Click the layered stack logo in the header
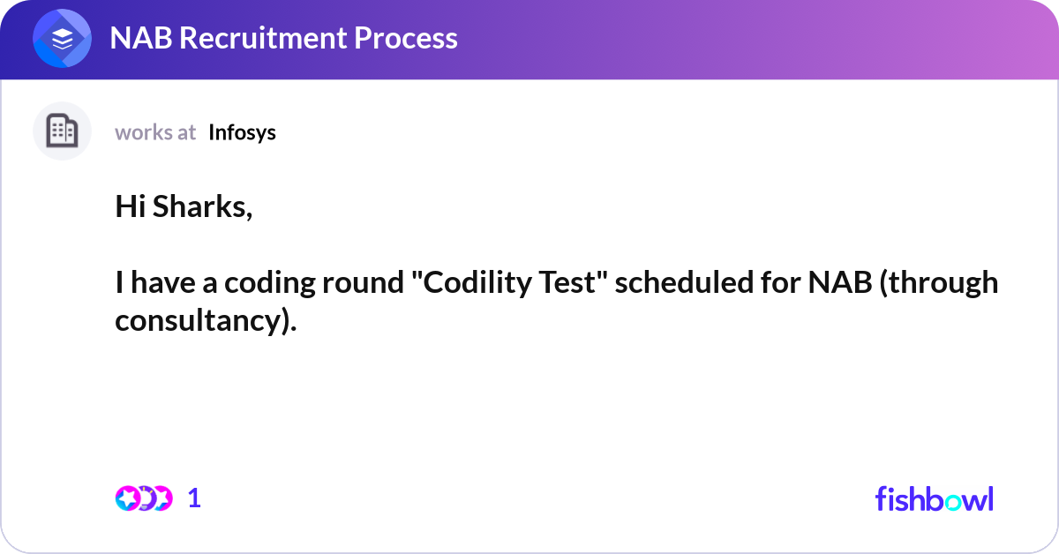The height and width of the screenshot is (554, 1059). (63, 40)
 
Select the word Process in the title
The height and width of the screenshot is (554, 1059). (413, 38)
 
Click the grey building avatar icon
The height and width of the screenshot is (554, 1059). (62, 131)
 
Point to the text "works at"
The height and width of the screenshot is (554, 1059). (155, 132)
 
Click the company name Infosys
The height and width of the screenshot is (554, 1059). (242, 132)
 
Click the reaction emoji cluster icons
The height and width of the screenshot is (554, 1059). (143, 498)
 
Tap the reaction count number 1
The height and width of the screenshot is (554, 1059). (194, 498)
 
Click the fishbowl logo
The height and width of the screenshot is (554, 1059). (934, 498)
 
